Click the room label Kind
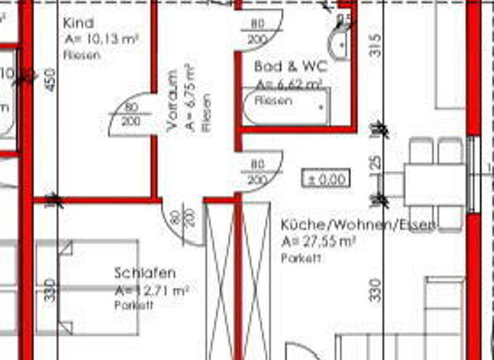(78, 23)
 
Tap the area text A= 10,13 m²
(102, 39)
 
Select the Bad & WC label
(291, 66)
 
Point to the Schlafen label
(145, 273)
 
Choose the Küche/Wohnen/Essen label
(358, 225)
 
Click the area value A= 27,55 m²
(319, 242)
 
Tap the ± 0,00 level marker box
(326, 179)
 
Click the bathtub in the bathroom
(286, 106)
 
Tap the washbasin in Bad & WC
(340, 42)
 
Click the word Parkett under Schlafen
(134, 305)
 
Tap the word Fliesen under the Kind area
(82, 55)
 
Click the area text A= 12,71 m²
(152, 291)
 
